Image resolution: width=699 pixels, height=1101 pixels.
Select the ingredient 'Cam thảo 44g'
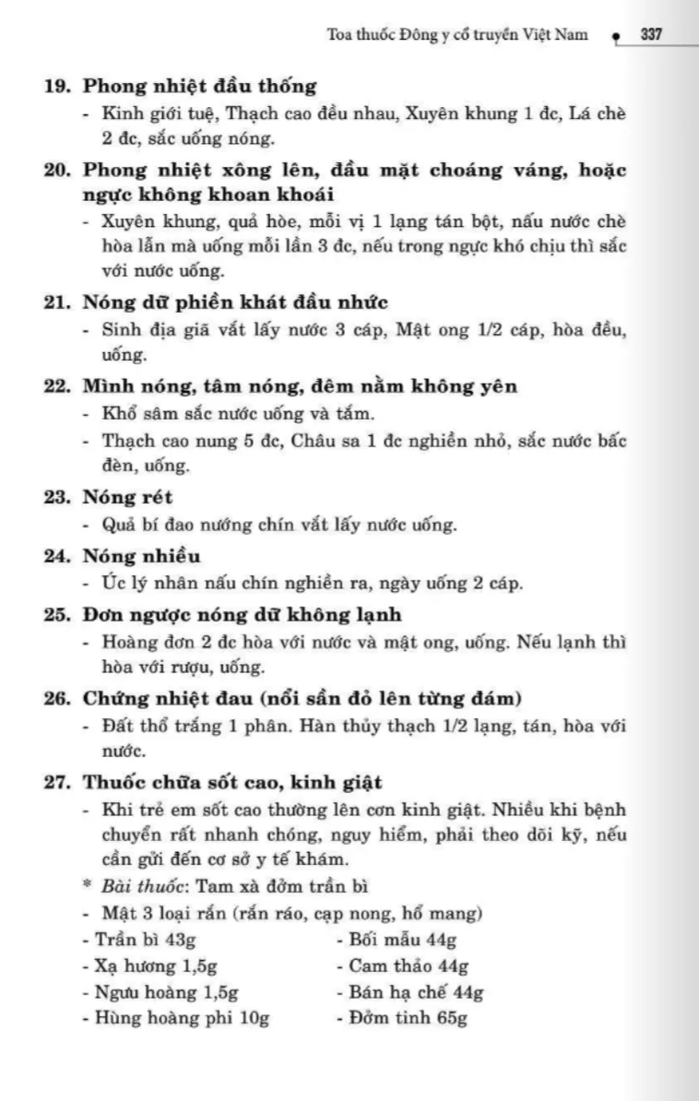point(403,966)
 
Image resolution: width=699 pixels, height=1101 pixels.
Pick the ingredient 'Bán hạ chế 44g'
point(410,992)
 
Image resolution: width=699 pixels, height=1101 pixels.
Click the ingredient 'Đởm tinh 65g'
point(402,1018)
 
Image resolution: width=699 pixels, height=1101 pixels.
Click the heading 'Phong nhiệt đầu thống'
point(199,87)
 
